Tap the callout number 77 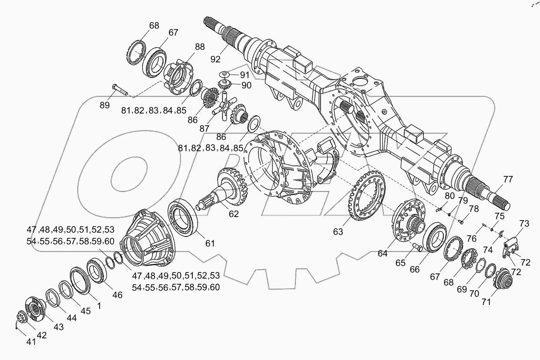[507, 179]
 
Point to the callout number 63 [338, 231]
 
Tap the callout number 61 [210, 243]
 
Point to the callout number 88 [200, 47]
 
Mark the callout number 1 [99, 305]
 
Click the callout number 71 [486, 302]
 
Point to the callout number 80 [449, 195]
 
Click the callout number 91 [245, 75]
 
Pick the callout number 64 [382, 253]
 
